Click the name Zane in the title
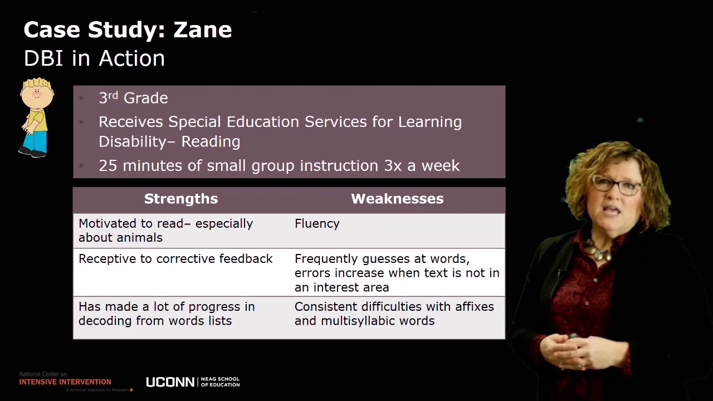[202, 30]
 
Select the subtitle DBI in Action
[94, 58]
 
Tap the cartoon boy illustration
[36, 117]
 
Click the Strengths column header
[181, 199]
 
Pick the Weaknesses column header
[397, 199]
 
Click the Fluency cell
[317, 223]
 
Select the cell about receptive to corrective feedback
[175, 258]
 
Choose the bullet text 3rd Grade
[133, 98]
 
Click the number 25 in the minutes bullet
[108, 165]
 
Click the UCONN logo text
[170, 382]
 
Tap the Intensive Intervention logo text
[65, 382]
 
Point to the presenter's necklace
[599, 251]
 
